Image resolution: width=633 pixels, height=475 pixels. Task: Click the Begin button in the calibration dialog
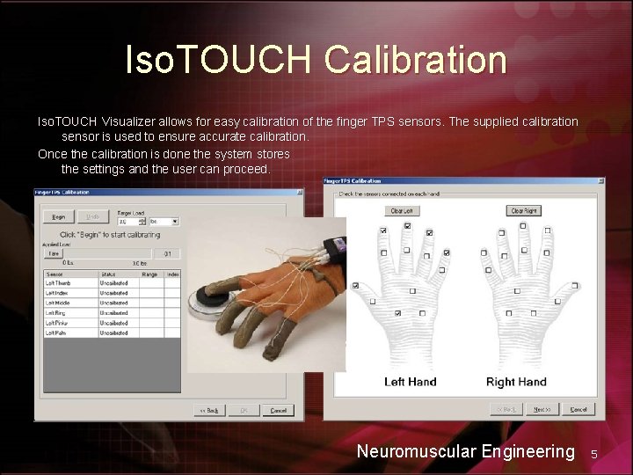click(59, 216)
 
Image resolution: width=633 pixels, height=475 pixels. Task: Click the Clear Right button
click(523, 211)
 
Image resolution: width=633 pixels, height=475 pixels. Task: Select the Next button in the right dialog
click(542, 409)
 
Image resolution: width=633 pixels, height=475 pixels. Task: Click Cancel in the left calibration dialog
click(278, 410)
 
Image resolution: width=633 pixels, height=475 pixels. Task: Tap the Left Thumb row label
click(59, 283)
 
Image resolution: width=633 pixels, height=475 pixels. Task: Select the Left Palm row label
click(58, 332)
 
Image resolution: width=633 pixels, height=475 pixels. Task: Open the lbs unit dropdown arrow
click(175, 222)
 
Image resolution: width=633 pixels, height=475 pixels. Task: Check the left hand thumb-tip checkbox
click(355, 286)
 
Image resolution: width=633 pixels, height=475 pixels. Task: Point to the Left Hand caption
click(410, 382)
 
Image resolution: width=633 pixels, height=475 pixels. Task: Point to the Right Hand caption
click(516, 382)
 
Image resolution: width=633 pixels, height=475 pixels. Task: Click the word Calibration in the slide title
click(415, 60)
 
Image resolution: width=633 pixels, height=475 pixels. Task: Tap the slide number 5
click(594, 454)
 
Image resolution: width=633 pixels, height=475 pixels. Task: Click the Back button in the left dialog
click(211, 410)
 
